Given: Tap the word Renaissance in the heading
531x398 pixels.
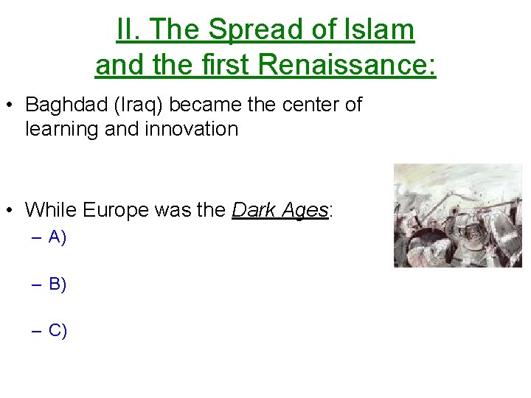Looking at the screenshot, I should pos(346,65).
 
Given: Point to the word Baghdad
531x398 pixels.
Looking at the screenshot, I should pos(66,105).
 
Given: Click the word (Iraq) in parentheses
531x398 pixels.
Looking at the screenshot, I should pos(140,105).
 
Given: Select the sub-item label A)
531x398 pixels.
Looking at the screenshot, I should pos(58,237).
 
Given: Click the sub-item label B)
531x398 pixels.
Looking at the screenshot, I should pos(58,284).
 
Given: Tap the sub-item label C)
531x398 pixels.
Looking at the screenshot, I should pos(58,330).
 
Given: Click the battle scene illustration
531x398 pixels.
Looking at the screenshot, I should pos(457,215).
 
